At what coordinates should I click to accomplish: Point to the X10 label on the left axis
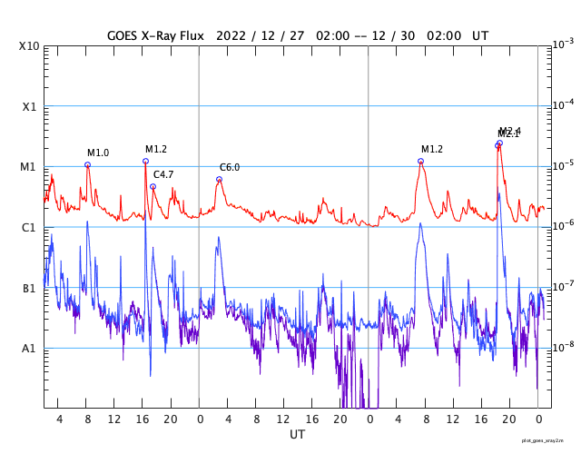pyautogui.click(x=29, y=46)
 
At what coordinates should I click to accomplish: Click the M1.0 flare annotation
pyautogui.click(x=98, y=153)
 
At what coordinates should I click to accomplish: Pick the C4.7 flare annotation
pyautogui.click(x=163, y=174)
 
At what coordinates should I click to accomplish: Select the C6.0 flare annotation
pyautogui.click(x=230, y=167)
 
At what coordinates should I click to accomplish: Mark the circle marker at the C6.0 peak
pyautogui.click(x=219, y=180)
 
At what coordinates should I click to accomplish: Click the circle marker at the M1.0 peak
pyautogui.click(x=87, y=165)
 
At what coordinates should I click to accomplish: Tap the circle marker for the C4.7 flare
pyautogui.click(x=153, y=187)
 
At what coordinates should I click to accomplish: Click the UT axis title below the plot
pyautogui.click(x=298, y=435)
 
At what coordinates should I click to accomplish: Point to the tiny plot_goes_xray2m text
pyautogui.click(x=549, y=440)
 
